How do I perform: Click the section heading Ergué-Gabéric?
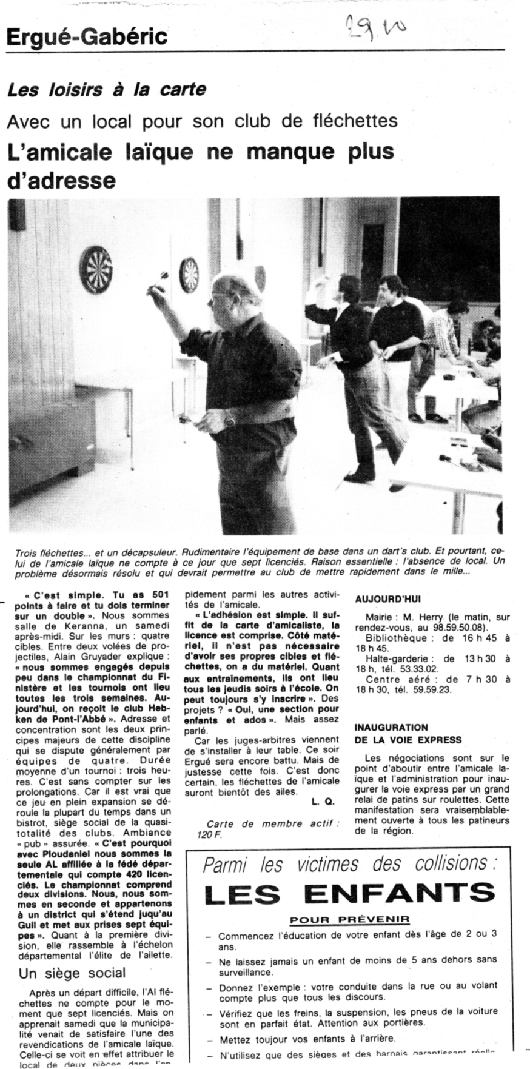click(x=86, y=38)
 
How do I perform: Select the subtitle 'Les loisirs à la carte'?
click(x=106, y=90)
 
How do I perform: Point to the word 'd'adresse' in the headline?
click(x=61, y=180)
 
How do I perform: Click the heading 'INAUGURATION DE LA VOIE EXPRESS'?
click(x=400, y=733)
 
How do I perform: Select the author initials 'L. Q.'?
click(x=323, y=802)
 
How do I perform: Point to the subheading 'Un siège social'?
click(x=72, y=973)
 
